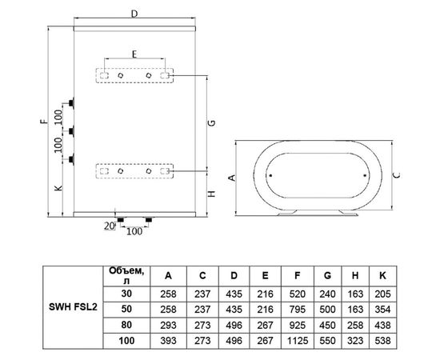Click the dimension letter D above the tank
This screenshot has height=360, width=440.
point(134,14)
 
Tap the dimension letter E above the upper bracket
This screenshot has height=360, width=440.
point(134,54)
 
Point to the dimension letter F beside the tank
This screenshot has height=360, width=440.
point(44,122)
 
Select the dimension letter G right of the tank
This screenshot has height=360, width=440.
point(213,123)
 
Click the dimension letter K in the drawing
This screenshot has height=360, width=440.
point(58,188)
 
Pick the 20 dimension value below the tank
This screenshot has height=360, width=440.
point(110,226)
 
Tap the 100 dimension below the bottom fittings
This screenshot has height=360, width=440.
point(134,231)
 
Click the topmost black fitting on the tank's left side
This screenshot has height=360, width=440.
point(71,102)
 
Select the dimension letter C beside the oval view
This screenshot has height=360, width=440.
point(397,175)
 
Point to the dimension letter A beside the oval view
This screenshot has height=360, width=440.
point(232,178)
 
